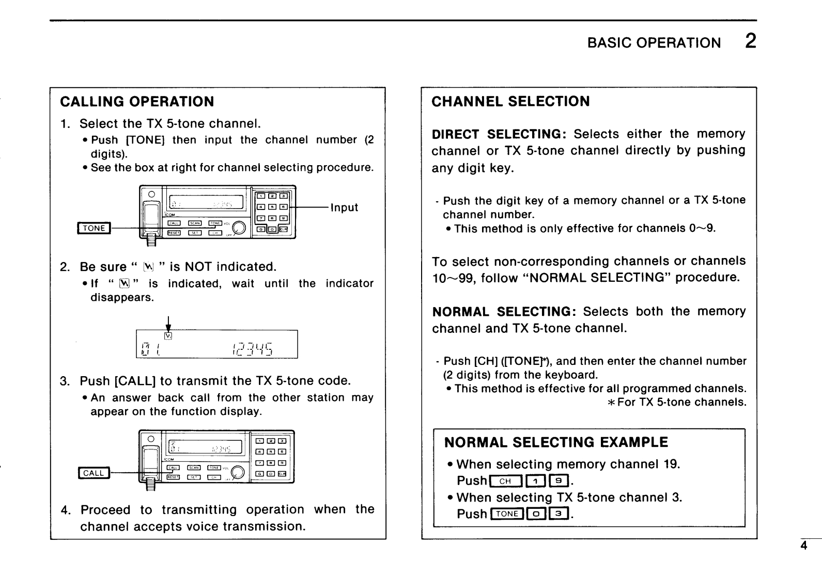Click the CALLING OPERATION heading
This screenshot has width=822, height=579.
tap(137, 102)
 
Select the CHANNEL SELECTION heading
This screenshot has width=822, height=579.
tap(510, 102)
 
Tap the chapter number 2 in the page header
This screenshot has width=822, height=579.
tap(750, 41)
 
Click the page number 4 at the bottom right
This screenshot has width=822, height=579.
tap(803, 546)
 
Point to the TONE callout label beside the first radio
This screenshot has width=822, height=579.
tap(94, 228)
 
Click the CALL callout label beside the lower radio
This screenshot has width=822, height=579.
tap(94, 473)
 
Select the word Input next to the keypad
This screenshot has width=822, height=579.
tap(344, 207)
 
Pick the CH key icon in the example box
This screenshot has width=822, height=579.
tap(505, 481)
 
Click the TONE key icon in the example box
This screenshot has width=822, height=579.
tap(507, 514)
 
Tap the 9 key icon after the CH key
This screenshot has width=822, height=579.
tap(560, 481)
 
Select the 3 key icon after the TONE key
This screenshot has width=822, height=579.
tap(559, 514)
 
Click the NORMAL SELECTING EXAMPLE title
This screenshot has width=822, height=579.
tap(556, 443)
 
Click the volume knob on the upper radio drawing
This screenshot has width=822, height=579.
tap(239, 228)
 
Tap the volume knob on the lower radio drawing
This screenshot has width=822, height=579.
tap(238, 472)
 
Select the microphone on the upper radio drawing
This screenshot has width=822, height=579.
tap(151, 217)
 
